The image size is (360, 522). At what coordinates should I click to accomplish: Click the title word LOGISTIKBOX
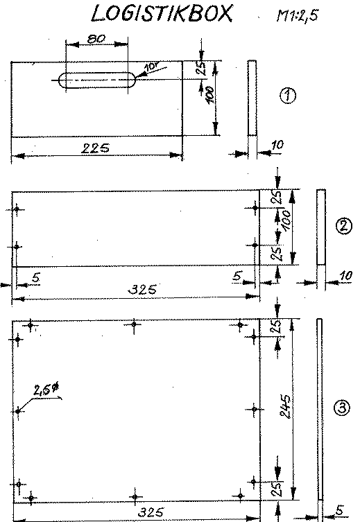pyautogui.click(x=162, y=14)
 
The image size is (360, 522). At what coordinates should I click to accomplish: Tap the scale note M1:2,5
pyautogui.click(x=297, y=15)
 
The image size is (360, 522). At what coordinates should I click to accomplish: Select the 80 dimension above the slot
pyautogui.click(x=96, y=40)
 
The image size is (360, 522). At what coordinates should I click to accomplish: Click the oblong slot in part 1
pyautogui.click(x=97, y=80)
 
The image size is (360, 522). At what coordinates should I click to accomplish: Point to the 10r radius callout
pyautogui.click(x=151, y=67)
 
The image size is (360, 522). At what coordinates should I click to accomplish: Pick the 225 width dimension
pyautogui.click(x=95, y=148)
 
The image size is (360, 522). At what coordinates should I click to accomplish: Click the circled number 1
pyautogui.click(x=287, y=96)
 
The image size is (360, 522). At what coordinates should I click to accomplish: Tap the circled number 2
pyautogui.click(x=343, y=227)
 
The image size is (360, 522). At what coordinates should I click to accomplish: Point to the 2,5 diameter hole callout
pyautogui.click(x=46, y=390)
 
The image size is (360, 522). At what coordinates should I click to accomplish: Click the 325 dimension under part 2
pyautogui.click(x=142, y=290)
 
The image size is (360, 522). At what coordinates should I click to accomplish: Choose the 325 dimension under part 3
pyautogui.click(x=151, y=512)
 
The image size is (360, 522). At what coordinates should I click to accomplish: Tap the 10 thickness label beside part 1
pyautogui.click(x=277, y=145)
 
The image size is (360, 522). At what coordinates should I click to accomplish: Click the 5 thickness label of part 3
pyautogui.click(x=339, y=510)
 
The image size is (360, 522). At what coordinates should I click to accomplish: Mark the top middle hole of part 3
pyautogui.click(x=134, y=324)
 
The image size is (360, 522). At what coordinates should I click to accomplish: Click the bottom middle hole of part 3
pyautogui.click(x=135, y=497)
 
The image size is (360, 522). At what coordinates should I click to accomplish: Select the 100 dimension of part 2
pyautogui.click(x=286, y=220)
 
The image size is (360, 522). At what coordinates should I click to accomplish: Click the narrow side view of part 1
pyautogui.click(x=252, y=98)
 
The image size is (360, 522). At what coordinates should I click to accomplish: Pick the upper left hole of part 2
pyautogui.click(x=17, y=209)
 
